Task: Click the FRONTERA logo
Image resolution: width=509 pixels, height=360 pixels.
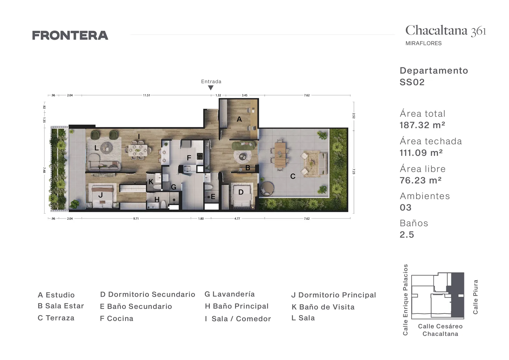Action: point(70,35)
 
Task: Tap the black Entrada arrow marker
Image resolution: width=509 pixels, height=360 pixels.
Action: point(211,88)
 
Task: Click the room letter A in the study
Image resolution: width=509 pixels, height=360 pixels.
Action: point(239,119)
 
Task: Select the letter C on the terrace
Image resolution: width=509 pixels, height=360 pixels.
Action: point(293,176)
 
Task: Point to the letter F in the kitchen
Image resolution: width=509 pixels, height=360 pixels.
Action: point(189,158)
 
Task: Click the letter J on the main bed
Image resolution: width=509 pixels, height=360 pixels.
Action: point(101,195)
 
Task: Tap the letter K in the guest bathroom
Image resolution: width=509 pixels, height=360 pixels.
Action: point(151,182)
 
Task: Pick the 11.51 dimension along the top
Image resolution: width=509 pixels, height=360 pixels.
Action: point(147,95)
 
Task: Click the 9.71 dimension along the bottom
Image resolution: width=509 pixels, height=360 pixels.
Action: point(136,218)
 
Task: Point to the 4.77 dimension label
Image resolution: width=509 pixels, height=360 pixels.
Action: point(237,218)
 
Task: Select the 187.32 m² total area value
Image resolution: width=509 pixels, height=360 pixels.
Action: point(422,125)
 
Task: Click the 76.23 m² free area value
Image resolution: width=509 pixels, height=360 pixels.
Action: point(421,180)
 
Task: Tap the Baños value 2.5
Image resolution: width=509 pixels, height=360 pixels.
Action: point(407,235)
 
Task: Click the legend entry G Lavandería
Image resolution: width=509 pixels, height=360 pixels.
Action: point(229,294)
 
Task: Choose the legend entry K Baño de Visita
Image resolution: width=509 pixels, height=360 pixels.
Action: point(323,307)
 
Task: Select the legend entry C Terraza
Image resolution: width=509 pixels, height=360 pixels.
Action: point(56,318)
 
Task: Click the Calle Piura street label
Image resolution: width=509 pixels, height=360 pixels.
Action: point(475,297)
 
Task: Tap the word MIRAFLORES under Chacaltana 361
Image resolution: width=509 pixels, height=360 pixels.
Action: point(423,43)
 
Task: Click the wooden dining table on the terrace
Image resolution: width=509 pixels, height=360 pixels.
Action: point(280,155)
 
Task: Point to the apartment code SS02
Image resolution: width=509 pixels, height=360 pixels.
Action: point(412,82)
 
